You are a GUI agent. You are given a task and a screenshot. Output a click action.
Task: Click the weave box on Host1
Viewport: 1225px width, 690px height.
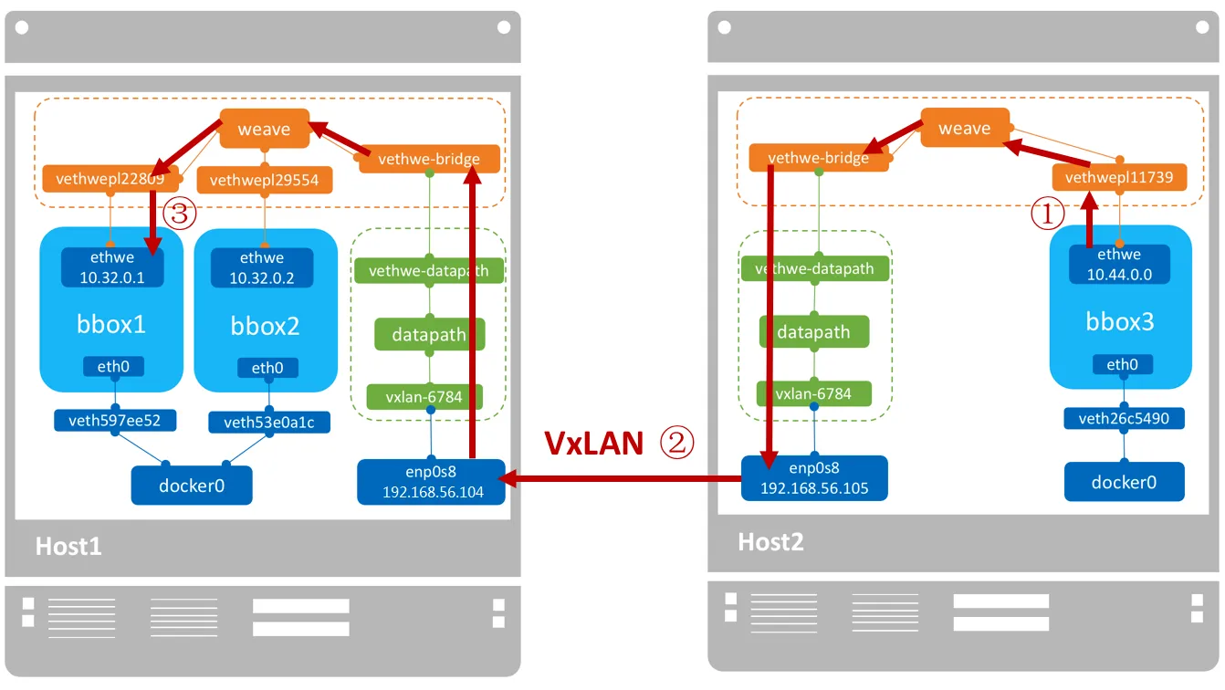click(265, 129)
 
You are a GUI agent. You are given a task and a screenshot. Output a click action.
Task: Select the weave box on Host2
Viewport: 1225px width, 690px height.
click(965, 128)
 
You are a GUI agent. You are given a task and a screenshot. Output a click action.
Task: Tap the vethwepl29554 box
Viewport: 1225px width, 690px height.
click(265, 180)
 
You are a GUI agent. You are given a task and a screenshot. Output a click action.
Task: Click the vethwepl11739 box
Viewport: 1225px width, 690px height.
click(1119, 177)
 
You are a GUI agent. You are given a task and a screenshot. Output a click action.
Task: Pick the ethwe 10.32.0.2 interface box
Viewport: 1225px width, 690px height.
click(262, 267)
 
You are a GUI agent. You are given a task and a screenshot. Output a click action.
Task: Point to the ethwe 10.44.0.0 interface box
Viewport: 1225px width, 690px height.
click(1119, 264)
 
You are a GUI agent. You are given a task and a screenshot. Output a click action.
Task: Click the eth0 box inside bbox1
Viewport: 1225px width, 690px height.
click(113, 366)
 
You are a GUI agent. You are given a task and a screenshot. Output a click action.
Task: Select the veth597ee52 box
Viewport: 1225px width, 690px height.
click(115, 421)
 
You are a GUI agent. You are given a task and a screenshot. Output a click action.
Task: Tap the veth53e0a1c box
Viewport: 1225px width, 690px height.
click(269, 422)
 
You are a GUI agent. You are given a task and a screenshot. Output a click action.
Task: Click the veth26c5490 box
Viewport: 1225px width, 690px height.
click(1124, 418)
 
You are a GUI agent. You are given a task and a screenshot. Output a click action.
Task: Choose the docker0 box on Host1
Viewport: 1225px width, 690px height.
click(192, 486)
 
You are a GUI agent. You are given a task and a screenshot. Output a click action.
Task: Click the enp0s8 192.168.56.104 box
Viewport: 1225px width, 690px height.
click(432, 482)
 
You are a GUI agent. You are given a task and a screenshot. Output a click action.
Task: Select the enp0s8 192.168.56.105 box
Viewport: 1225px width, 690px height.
click(814, 478)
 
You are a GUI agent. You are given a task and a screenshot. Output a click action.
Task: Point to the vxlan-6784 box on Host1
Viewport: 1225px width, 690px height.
click(424, 396)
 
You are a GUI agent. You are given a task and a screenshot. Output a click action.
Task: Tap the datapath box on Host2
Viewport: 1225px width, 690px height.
click(814, 332)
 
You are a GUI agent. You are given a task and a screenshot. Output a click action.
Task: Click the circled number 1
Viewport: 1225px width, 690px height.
click(1047, 214)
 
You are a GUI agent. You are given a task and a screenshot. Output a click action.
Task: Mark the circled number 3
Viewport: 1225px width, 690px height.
click(180, 214)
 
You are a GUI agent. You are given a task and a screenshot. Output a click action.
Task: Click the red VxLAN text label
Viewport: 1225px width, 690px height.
click(594, 443)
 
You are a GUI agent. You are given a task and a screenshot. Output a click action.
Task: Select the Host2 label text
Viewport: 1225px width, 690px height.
click(770, 542)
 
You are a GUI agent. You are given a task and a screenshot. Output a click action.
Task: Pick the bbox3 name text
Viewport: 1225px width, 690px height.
click(1120, 321)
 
